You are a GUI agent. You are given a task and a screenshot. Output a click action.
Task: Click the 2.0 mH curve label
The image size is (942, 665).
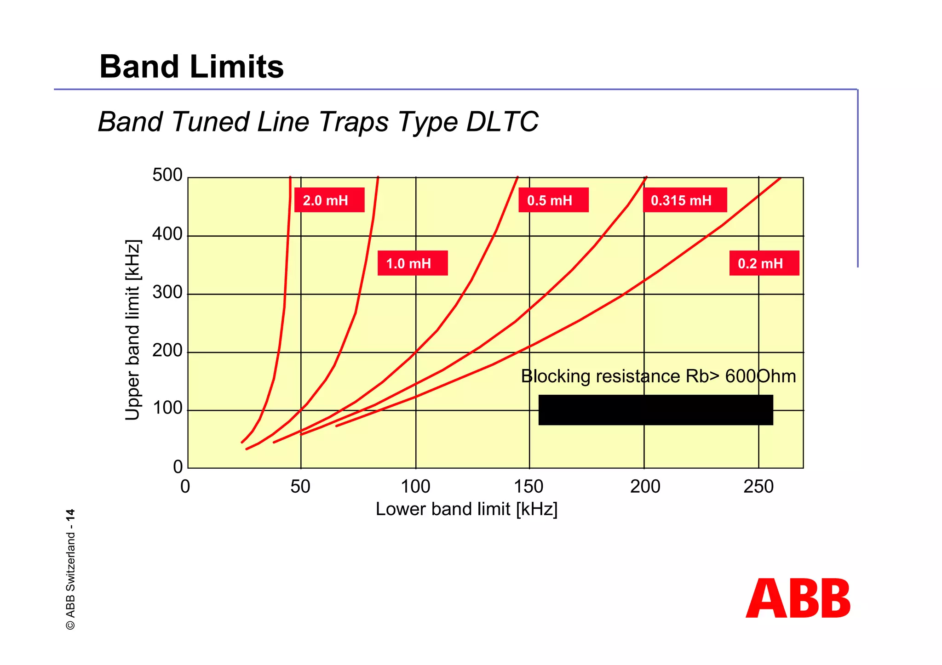pos(329,200)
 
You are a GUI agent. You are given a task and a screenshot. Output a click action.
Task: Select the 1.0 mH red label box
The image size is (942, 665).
pos(412,263)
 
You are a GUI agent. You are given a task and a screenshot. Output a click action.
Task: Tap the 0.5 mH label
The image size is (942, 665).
pos(553,200)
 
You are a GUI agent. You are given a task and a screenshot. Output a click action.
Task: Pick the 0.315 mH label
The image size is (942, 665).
pos(684,200)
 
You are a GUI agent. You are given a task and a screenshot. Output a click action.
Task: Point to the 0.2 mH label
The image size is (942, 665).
pos(764,263)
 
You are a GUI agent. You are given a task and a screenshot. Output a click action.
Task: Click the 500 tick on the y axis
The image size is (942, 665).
pos(167,175)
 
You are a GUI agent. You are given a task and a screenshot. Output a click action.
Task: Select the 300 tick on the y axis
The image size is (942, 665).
pos(167,292)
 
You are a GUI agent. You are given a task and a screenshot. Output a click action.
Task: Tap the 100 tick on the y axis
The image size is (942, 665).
pos(167,408)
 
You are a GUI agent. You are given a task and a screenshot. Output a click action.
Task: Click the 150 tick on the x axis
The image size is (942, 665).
pos(529,486)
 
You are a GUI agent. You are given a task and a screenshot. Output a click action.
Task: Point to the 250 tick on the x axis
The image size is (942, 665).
pos(758,486)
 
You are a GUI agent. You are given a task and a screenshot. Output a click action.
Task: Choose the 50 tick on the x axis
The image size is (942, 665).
pos(300,486)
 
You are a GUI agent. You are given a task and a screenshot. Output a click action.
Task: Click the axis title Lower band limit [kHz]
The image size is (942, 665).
pos(466,509)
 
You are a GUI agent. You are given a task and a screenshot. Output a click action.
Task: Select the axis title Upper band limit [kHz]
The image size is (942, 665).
pos(132,330)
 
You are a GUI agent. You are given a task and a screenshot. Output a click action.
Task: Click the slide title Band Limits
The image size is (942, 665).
pos(191,67)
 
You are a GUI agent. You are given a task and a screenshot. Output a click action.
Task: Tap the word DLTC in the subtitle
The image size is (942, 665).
pos(502,122)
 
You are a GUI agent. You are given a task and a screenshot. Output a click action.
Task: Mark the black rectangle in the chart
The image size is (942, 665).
pos(655,409)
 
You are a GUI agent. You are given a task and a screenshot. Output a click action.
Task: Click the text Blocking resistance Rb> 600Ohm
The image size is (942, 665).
pos(658,376)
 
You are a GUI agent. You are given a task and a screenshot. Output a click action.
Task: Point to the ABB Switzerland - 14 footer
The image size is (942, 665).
pos(70,569)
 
